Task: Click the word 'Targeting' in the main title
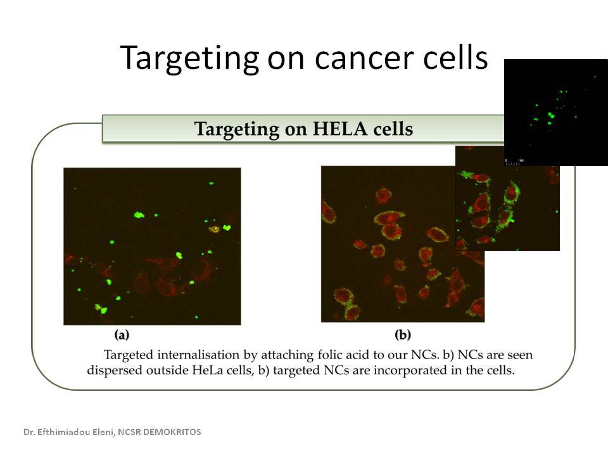tap(189, 58)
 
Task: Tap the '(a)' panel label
tap(122, 334)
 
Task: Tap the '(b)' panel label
tap(403, 334)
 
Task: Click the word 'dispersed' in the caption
tap(115, 370)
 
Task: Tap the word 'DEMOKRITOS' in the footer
tap(172, 432)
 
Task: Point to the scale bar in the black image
tap(514, 162)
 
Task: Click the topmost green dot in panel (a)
tap(212, 183)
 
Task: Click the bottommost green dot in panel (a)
tap(196, 317)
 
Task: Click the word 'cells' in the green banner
tap(393, 129)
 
